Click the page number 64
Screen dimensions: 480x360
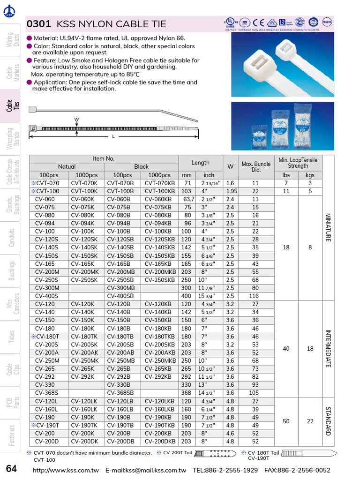tap(12, 469)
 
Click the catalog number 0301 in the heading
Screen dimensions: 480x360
tap(38, 24)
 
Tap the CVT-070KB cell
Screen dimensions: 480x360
tap(159, 183)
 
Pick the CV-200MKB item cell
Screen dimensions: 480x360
tap(159, 272)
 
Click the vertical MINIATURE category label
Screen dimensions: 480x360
tap(328, 227)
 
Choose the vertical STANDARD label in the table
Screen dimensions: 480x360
tap(328, 421)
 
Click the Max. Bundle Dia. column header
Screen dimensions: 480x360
tap(256, 167)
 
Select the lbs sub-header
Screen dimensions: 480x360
tap(286, 175)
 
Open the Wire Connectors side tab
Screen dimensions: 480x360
tap(12, 304)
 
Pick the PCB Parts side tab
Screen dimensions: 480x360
tap(12, 402)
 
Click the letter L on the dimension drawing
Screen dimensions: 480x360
tap(113, 136)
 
